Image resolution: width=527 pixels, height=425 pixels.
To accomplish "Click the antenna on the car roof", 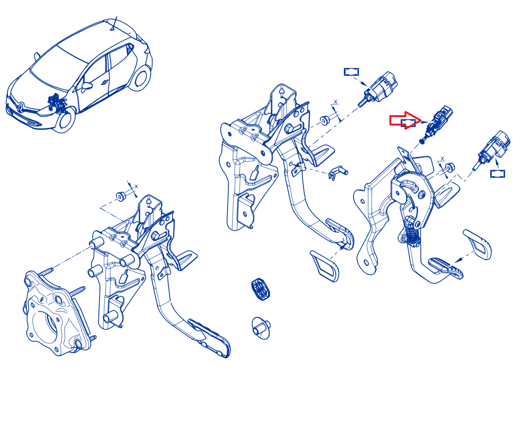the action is [114, 23].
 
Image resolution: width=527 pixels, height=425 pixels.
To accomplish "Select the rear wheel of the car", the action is [140, 78].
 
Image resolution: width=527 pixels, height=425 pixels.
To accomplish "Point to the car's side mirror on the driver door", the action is [86, 86].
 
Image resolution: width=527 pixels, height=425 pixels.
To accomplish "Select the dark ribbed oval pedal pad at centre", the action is [260, 289].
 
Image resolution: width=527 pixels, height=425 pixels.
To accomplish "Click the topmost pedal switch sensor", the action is [378, 89].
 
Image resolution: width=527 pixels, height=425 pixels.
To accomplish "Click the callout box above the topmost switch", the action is [351, 72].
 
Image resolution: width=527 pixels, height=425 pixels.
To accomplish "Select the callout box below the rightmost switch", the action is [497, 174].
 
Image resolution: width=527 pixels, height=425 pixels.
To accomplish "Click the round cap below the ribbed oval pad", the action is [261, 328].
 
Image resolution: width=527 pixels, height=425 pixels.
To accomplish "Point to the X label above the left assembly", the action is [136, 187].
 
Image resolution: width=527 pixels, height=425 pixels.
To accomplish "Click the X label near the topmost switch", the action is [336, 102].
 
